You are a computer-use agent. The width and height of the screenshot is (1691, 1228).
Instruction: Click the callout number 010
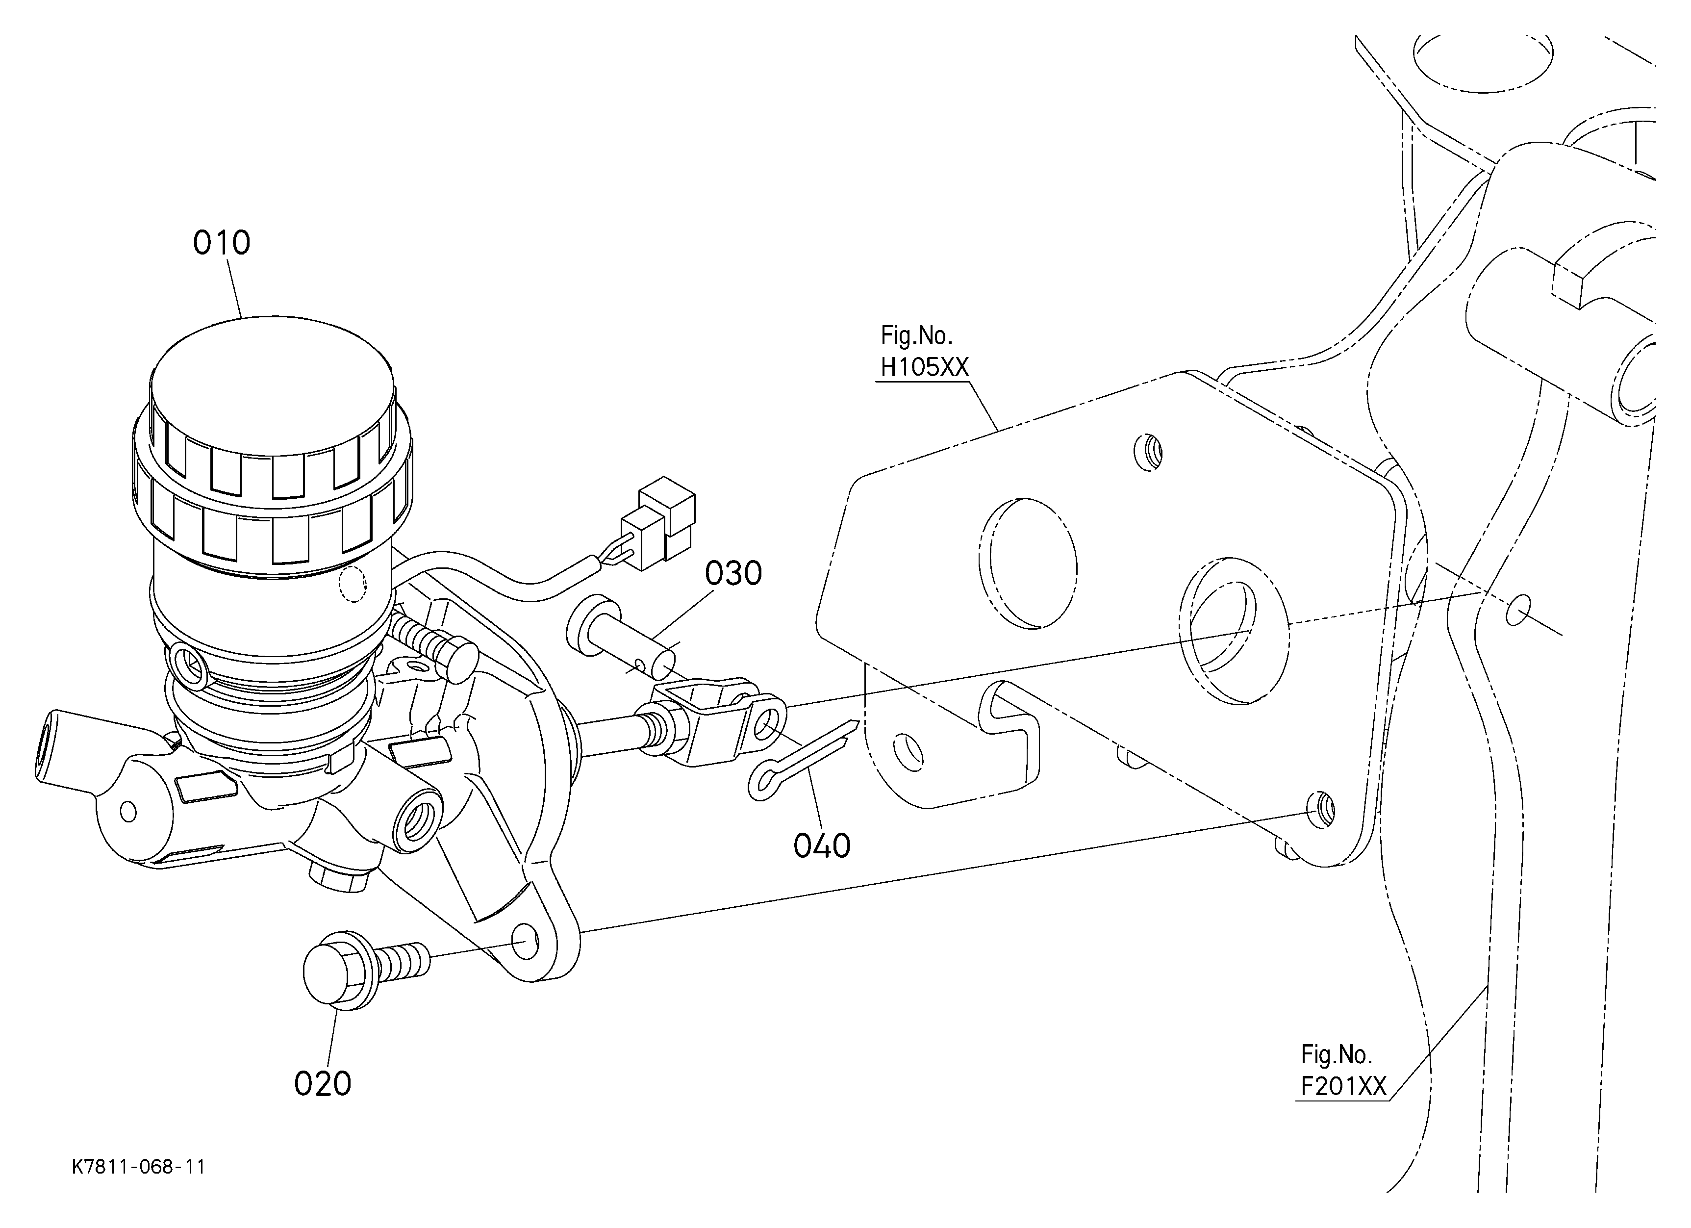222,243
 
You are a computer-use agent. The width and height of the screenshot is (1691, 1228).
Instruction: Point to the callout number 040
822,845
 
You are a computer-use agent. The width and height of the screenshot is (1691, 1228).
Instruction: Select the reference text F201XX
1343,1086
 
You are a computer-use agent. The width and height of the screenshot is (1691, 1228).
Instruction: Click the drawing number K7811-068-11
139,1167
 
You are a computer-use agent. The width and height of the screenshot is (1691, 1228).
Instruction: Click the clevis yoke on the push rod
712,723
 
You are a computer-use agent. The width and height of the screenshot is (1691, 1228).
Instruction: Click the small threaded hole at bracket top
1148,452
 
